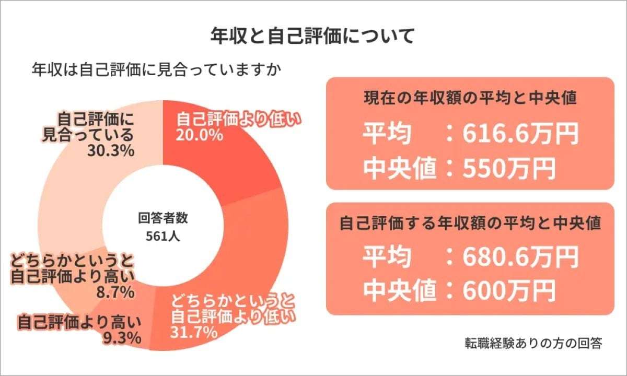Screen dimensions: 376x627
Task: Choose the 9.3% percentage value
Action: pos(121,338)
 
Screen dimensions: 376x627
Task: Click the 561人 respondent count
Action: pos(163,237)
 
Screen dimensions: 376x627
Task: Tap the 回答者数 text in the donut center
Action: pos(163,219)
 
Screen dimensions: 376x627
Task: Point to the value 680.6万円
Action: pos(520,257)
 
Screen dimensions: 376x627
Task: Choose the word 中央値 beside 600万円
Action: pos(400,290)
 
